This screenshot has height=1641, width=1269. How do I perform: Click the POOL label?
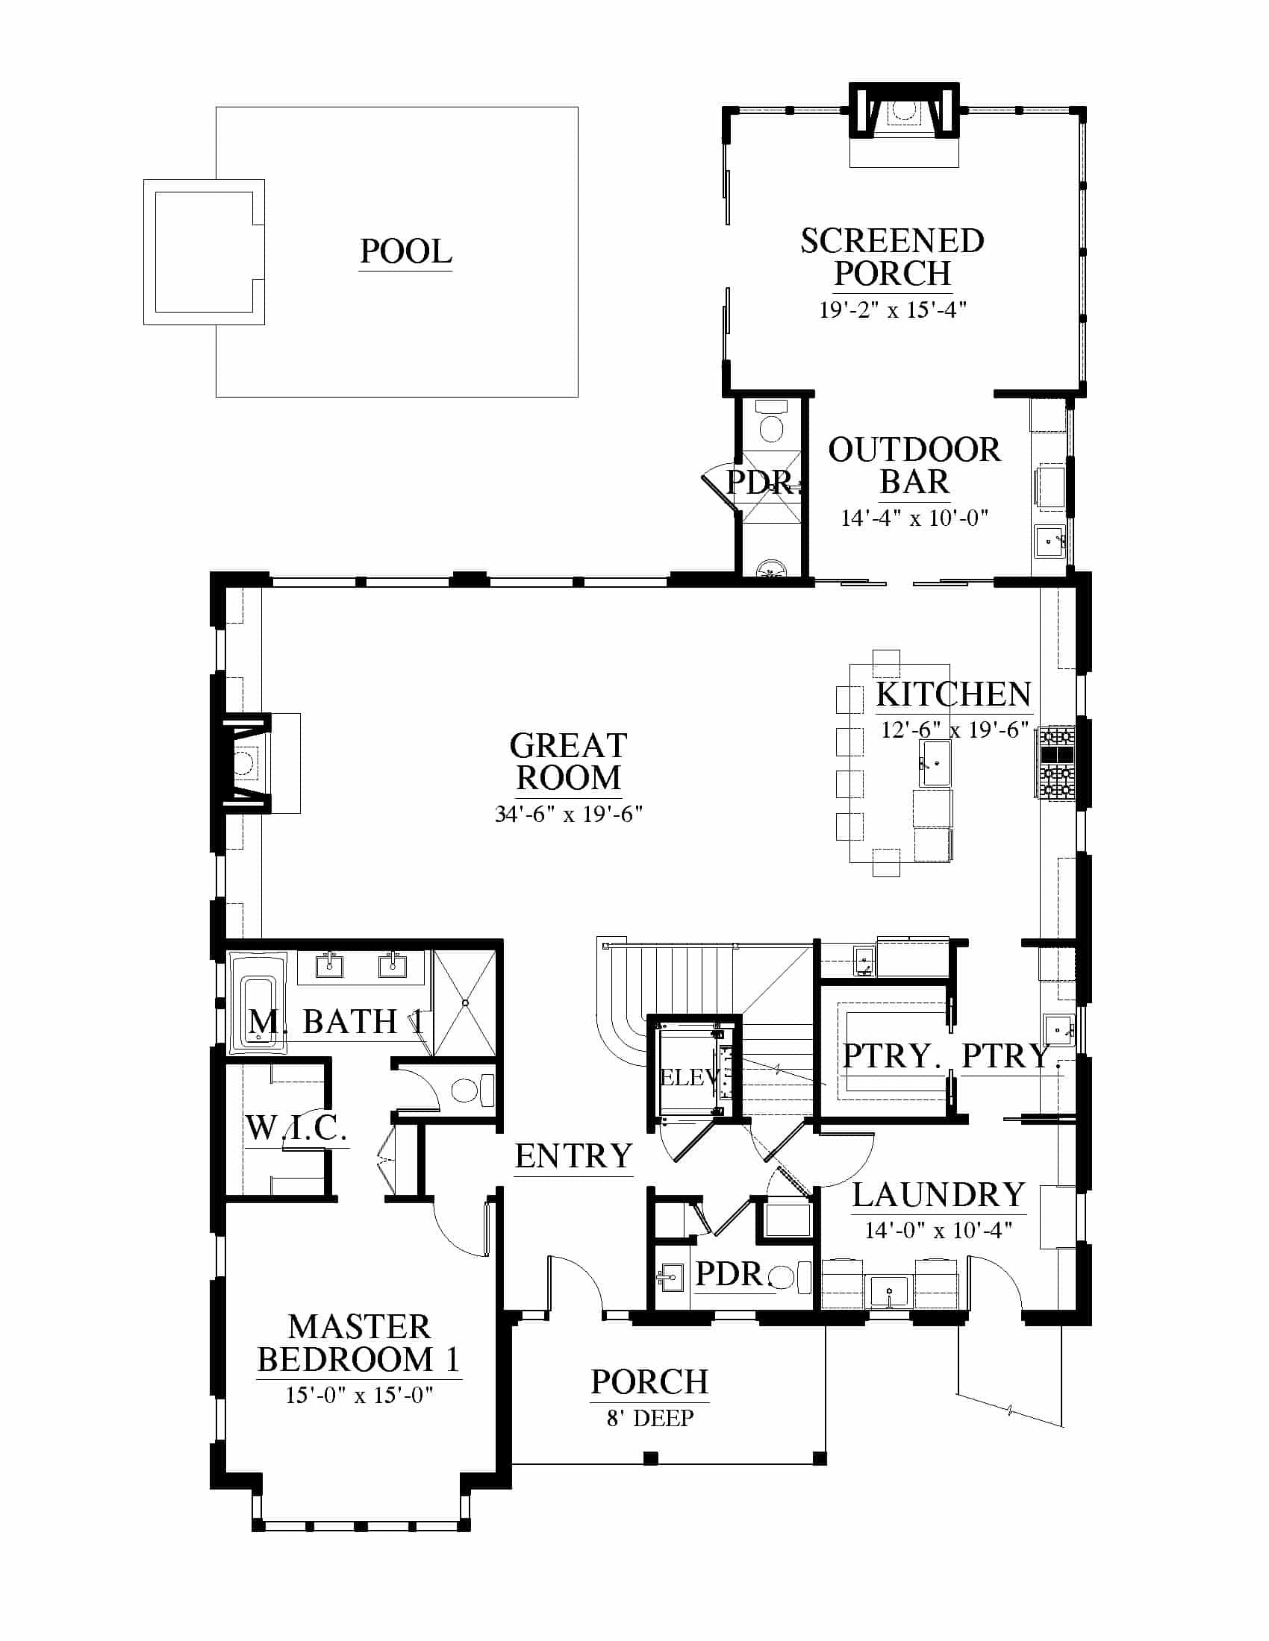[x=406, y=251]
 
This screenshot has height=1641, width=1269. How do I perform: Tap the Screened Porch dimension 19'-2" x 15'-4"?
[x=892, y=310]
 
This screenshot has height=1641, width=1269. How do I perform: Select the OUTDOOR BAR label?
[x=914, y=466]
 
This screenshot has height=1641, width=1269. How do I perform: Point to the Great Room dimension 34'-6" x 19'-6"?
[x=568, y=814]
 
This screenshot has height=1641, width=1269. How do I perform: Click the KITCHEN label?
[x=953, y=694]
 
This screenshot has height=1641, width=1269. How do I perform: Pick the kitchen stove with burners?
[x=1056, y=760]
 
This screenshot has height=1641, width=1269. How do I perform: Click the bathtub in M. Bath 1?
[x=257, y=1003]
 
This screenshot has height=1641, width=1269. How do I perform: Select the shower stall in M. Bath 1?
[x=464, y=1003]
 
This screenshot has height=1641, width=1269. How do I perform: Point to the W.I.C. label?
[x=296, y=1127]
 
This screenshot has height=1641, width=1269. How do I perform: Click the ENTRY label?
[x=573, y=1155]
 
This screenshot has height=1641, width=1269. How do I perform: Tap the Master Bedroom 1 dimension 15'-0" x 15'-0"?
[x=359, y=1396]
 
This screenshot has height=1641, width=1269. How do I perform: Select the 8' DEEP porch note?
[x=650, y=1418]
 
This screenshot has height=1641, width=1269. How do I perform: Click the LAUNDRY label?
[x=939, y=1195]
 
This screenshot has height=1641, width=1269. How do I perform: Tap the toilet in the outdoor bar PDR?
[x=771, y=422]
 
